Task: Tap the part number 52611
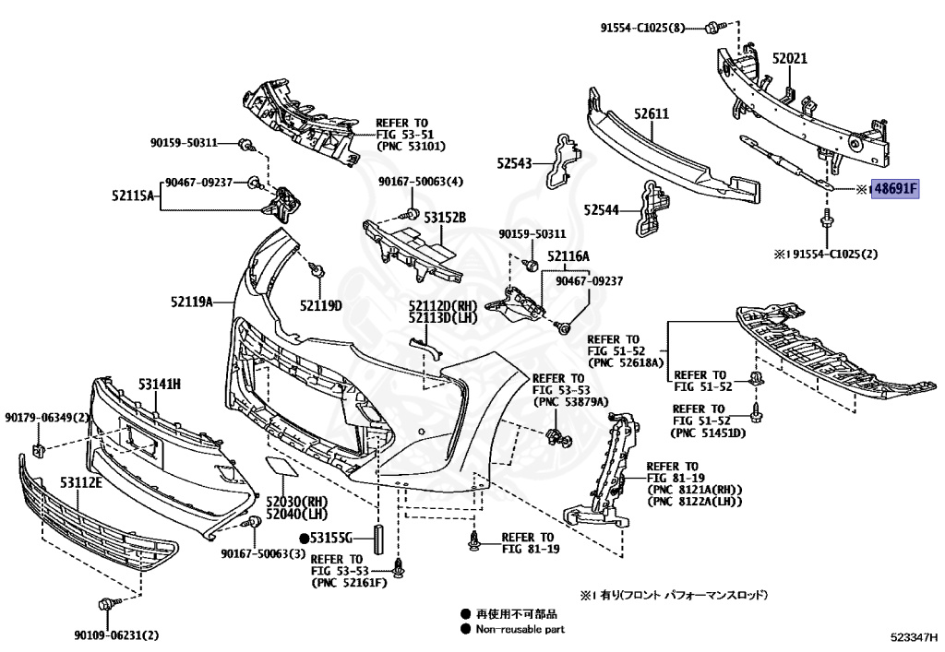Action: [x=651, y=113]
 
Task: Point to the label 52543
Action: [x=515, y=162]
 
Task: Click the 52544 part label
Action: [x=601, y=210]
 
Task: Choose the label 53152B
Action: [x=445, y=218]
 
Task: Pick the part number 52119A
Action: [x=191, y=302]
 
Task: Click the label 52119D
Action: [x=320, y=305]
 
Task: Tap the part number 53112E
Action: [x=81, y=483]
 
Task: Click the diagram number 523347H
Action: [x=913, y=636]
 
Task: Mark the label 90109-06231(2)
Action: [x=117, y=634]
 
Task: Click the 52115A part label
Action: [x=134, y=196]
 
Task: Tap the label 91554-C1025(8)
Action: [x=645, y=28]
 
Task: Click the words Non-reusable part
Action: [x=520, y=630]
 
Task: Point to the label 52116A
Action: [x=568, y=255]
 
